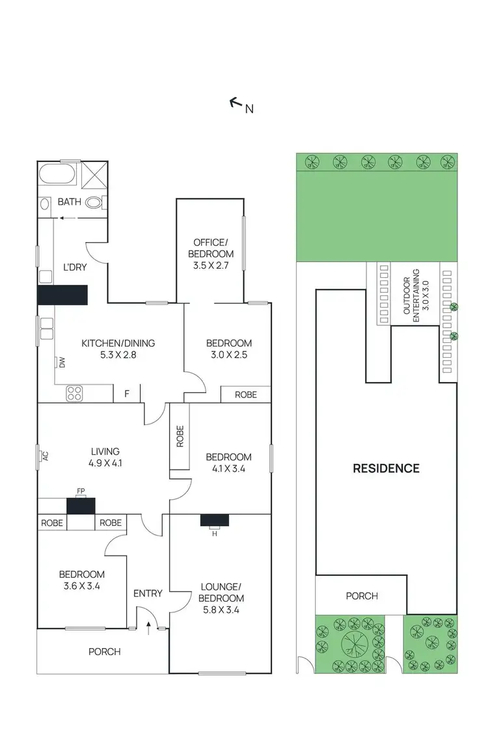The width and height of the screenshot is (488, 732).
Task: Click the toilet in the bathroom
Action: tap(95, 202)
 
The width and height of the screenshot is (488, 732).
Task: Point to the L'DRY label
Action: tap(74, 267)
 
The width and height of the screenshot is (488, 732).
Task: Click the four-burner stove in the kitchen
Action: tap(74, 393)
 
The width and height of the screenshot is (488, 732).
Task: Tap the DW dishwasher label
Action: tap(62, 363)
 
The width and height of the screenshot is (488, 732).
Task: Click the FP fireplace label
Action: tap(81, 491)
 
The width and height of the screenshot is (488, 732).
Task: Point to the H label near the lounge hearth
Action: tap(214, 535)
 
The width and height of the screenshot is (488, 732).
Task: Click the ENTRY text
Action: tap(148, 593)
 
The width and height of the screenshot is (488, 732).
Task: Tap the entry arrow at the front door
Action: tap(149, 627)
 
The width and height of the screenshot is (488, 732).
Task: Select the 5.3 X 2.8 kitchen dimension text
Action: tap(118, 355)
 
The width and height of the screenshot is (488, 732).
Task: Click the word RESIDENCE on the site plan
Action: tap(386, 468)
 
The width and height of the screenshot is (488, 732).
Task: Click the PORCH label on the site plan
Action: tap(361, 596)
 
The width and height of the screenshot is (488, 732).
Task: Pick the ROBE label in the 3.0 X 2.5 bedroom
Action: tap(245, 394)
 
